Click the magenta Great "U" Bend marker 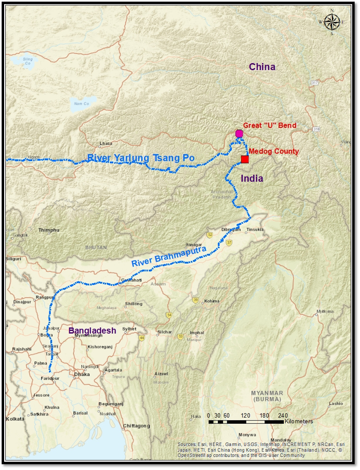pos(239,133)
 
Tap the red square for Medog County pos(245,159)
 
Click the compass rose pos(332,22)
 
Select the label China pos(262,67)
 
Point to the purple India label pos(252,179)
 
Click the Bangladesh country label pos(92,330)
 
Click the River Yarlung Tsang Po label pos(141,158)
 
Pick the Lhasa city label pos(106,143)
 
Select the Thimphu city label pos(49,230)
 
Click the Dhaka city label pos(82,374)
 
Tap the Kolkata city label pos(15,418)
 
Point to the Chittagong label pos(136,425)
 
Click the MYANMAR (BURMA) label pos(267,396)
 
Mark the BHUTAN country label pos(96,247)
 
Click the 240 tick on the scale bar pos(283,415)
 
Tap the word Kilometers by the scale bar pos(299,421)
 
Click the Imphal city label pos(197,333)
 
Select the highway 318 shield pos(316,129)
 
